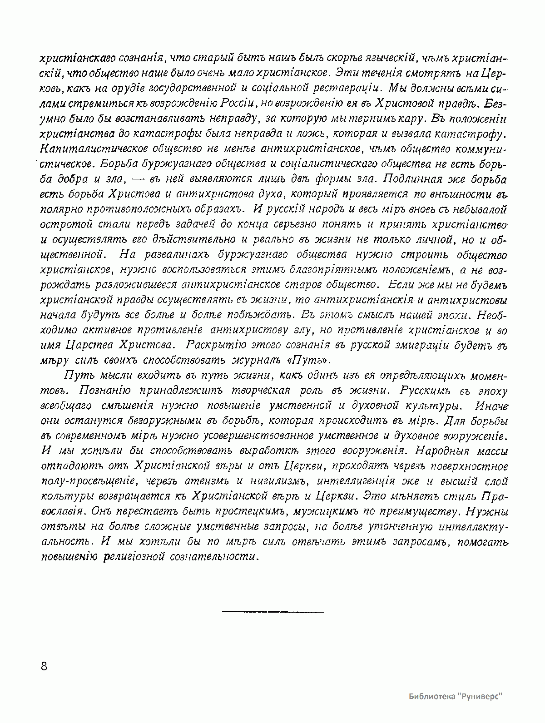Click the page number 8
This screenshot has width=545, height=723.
44,666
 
